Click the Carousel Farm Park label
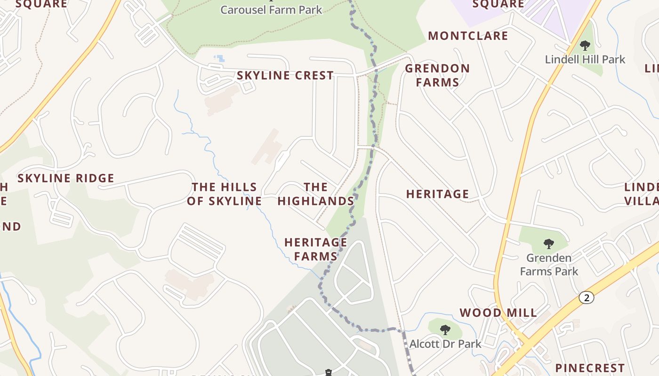pyautogui.click(x=271, y=9)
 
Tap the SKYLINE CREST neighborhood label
pyautogui.click(x=285, y=76)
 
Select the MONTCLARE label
pyautogui.click(x=468, y=36)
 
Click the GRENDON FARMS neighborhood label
pyautogui.click(x=437, y=75)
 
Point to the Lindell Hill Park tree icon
pyautogui.click(x=585, y=46)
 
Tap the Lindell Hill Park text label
pyautogui.click(x=585, y=60)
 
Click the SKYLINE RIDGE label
pyautogui.click(x=66, y=179)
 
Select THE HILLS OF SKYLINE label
pyautogui.click(x=224, y=194)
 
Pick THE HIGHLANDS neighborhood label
pyautogui.click(x=315, y=194)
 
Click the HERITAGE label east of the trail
pyautogui.click(x=437, y=194)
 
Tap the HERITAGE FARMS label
pyautogui.click(x=315, y=249)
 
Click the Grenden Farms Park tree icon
pyautogui.click(x=548, y=243)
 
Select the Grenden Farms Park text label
pyautogui.click(x=549, y=265)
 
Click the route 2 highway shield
pyautogui.click(x=586, y=298)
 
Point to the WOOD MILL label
pyautogui.click(x=498, y=313)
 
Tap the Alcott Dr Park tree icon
pyautogui.click(x=445, y=329)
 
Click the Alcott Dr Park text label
pyautogui.click(x=445, y=344)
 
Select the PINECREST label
pyautogui.click(x=590, y=368)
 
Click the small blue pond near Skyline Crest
pyautogui.click(x=219, y=59)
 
